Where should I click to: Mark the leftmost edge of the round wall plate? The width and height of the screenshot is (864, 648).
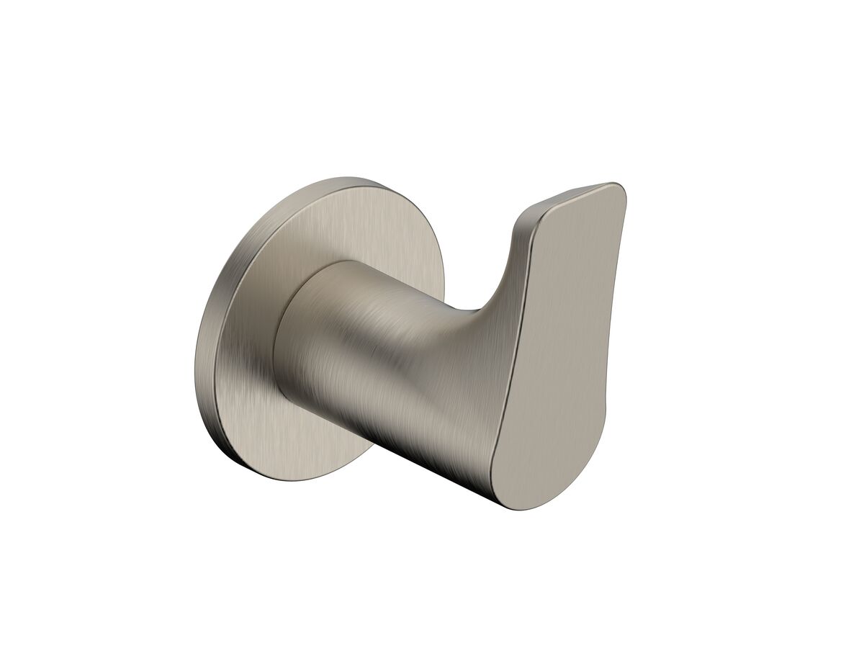196,360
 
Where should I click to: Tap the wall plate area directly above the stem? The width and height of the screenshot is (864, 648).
324,223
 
